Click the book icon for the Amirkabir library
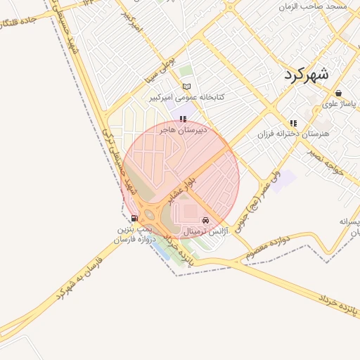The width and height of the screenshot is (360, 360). point(186,86)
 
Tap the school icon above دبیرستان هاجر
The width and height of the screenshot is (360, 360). point(183,119)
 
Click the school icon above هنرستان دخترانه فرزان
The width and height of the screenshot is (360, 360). point(293,122)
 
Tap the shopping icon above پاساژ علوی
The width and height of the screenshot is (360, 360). point(339,93)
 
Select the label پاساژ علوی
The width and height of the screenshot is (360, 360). point(340,103)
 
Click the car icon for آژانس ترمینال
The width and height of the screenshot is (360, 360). point(205,220)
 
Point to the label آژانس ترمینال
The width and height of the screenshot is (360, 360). point(205,231)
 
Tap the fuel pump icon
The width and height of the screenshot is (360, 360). point(134,218)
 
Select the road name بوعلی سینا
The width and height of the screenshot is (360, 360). point(159,65)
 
